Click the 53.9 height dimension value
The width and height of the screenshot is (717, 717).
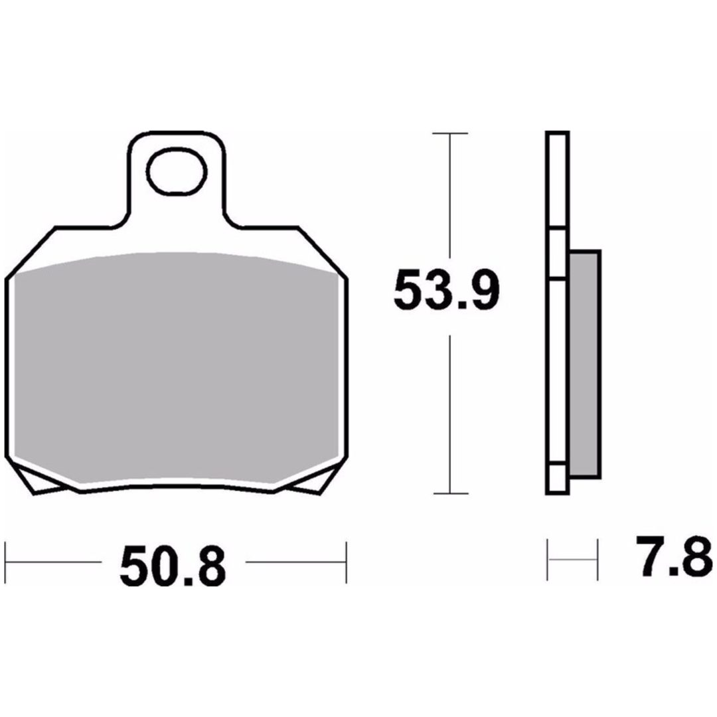click(446, 290)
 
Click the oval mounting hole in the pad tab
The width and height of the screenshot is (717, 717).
click(177, 172)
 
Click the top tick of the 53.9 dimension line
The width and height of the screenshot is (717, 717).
click(450, 133)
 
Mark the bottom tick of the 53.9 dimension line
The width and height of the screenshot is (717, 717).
click(450, 493)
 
